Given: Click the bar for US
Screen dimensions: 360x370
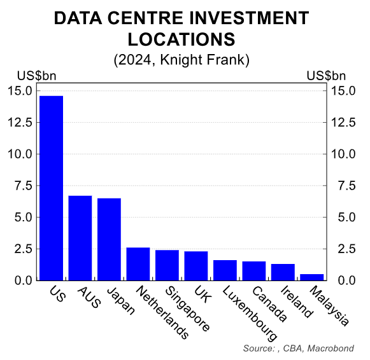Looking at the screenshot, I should pos(51,188).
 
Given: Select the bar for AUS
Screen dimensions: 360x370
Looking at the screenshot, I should pos(80,238).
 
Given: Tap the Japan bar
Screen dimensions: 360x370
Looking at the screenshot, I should pos(109,239).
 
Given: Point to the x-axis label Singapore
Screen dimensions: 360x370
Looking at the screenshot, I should pos(187,308).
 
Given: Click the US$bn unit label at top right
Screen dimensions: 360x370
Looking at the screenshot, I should pos(325,76).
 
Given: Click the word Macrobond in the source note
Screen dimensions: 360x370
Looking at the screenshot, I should pos(333,349).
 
